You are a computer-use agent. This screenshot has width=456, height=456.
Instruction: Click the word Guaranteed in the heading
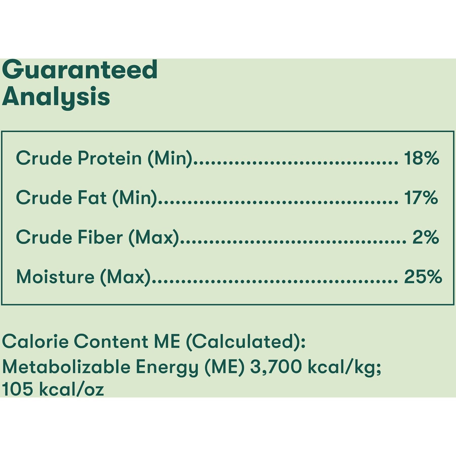tap(80, 69)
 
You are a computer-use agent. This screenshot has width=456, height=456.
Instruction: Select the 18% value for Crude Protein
tap(421, 158)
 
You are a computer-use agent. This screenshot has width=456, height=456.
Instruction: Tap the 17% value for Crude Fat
tap(421, 198)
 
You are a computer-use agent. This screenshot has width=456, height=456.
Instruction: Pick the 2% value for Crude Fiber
tap(426, 237)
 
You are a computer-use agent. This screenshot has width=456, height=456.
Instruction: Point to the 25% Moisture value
tap(423, 277)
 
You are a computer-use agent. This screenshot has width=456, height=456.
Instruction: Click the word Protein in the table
tap(109, 158)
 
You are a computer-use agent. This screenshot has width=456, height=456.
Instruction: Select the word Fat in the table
tap(92, 198)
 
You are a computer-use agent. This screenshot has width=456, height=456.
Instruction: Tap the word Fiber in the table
tap(100, 237)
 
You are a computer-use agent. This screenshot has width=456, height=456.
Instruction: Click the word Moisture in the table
tap(55, 277)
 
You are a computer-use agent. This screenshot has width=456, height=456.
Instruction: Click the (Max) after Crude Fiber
tap(154, 238)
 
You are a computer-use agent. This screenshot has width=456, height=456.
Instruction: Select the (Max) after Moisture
tap(125, 277)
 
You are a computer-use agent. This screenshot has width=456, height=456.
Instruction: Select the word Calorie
tap(35, 341)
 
